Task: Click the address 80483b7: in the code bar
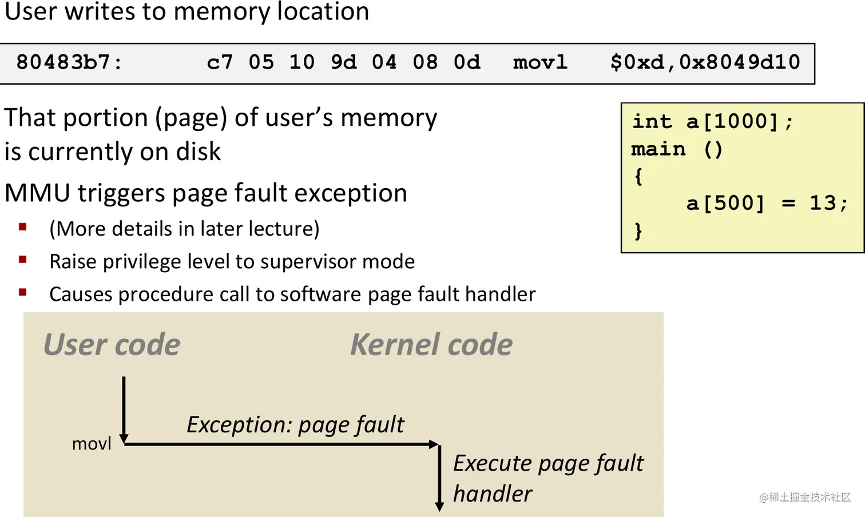(69, 62)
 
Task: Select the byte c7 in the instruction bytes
(220, 62)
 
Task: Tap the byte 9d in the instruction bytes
(343, 62)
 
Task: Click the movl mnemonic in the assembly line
(539, 62)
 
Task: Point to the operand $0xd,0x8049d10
(705, 62)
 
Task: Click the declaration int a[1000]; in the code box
(712, 122)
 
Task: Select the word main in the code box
(658, 149)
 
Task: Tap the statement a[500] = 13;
(767, 204)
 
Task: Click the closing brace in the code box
(638, 231)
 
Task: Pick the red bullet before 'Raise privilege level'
(23, 260)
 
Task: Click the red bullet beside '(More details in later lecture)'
(23, 227)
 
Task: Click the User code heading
(112, 345)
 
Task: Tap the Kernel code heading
(431, 345)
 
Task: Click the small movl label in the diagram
(92, 444)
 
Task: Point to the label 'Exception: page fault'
(295, 425)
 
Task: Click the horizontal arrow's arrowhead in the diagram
(434, 444)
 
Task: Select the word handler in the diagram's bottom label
(492, 494)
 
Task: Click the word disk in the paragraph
(198, 152)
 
